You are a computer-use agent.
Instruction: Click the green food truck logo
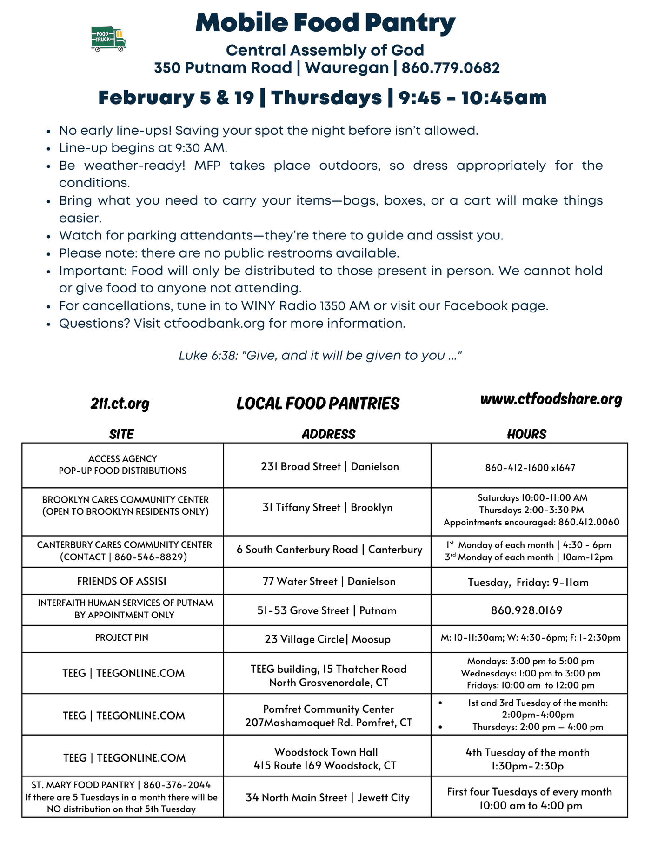108,39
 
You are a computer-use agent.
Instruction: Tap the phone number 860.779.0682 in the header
451,68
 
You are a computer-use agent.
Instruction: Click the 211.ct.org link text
120,404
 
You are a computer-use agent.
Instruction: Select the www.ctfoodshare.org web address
551,399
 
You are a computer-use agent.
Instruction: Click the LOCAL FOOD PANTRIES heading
318,404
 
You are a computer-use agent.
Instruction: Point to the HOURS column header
526,434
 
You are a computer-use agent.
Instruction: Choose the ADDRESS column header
328,434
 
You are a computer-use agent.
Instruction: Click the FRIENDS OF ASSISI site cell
122,581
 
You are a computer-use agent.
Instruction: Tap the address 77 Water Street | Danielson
328,582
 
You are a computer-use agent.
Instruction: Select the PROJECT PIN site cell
122,637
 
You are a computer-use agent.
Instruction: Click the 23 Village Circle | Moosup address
328,639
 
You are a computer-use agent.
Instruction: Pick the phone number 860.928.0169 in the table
526,610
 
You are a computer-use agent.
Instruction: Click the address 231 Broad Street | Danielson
330,466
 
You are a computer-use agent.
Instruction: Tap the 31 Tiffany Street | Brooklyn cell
327,507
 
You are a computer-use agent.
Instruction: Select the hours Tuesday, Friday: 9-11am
528,582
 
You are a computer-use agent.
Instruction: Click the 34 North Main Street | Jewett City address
328,798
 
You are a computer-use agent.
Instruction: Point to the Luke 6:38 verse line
320,356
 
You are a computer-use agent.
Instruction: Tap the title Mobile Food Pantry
325,22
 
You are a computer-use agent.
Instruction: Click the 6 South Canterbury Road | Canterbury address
329,550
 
